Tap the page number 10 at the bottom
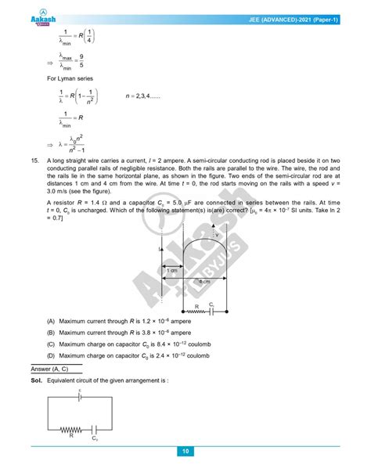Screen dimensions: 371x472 [185, 452]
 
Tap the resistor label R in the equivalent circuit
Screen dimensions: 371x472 [70, 436]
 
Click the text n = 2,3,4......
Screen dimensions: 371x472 [146, 97]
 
